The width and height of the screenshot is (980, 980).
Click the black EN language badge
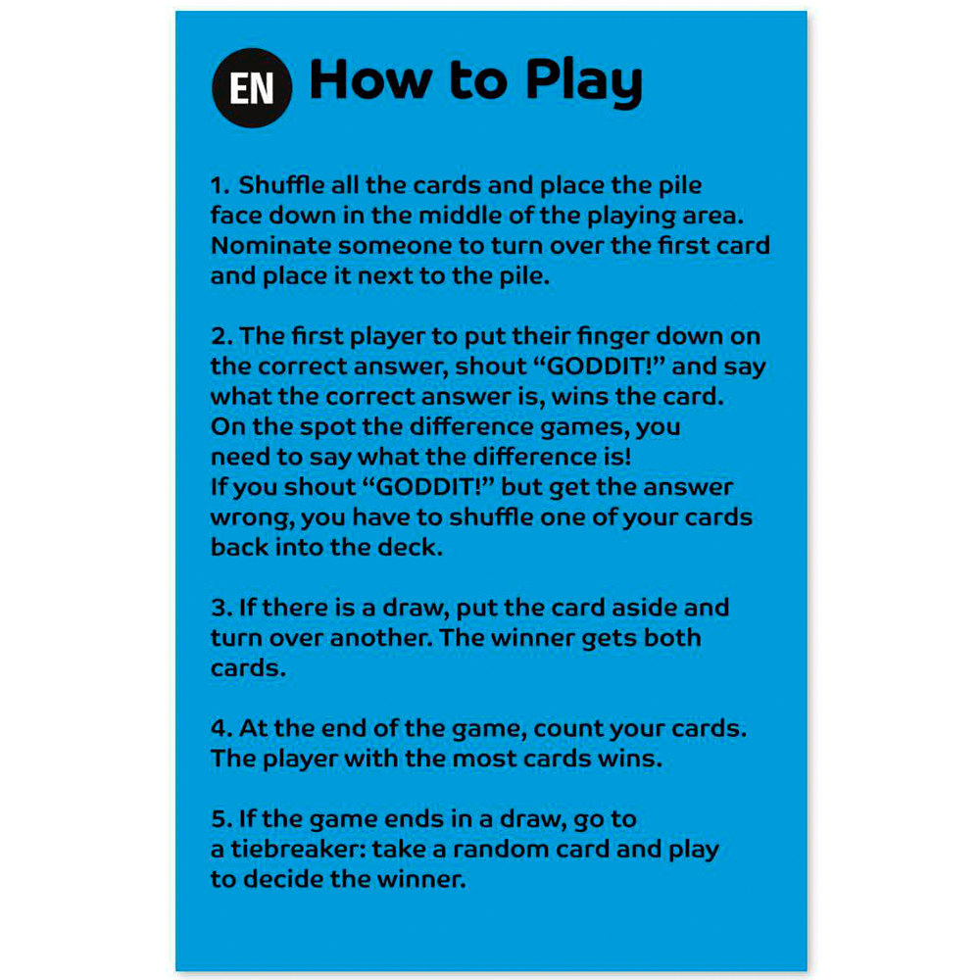tap(252, 87)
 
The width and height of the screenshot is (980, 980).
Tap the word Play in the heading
tap(584, 82)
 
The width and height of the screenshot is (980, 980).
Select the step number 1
tap(220, 185)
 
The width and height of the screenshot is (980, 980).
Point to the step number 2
tap(221, 336)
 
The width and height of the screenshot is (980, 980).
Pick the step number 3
tap(221, 608)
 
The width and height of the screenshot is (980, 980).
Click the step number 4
tap(221, 728)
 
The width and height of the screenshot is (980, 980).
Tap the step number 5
tap(221, 818)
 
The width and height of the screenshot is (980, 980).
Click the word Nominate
tap(270, 246)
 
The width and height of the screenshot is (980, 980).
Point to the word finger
tap(612, 337)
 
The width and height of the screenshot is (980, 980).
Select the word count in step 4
tap(567, 729)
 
